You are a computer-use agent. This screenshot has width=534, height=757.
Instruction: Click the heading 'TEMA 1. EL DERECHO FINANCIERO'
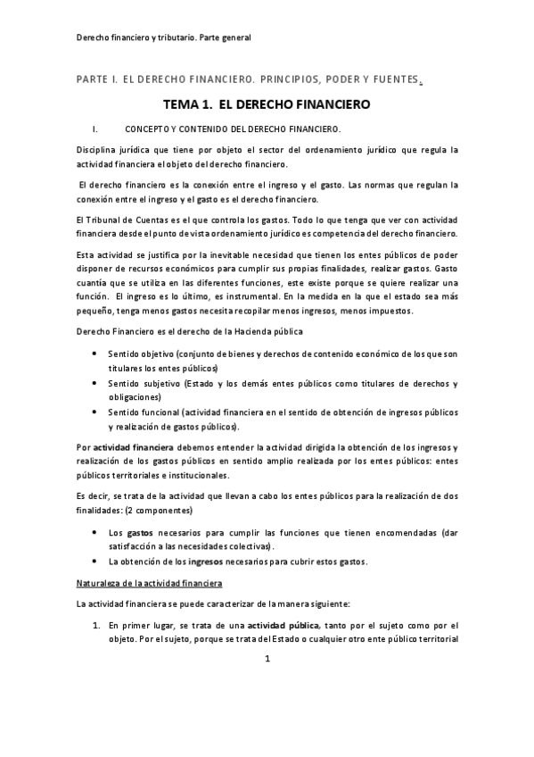click(x=267, y=104)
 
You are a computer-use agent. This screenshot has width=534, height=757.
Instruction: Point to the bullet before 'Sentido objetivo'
click(x=96, y=354)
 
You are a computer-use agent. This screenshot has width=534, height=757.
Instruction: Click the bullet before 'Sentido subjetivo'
click(x=96, y=383)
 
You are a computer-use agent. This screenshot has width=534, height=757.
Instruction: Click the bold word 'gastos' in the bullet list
click(x=140, y=532)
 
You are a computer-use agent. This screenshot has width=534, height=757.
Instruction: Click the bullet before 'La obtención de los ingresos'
click(x=96, y=561)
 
